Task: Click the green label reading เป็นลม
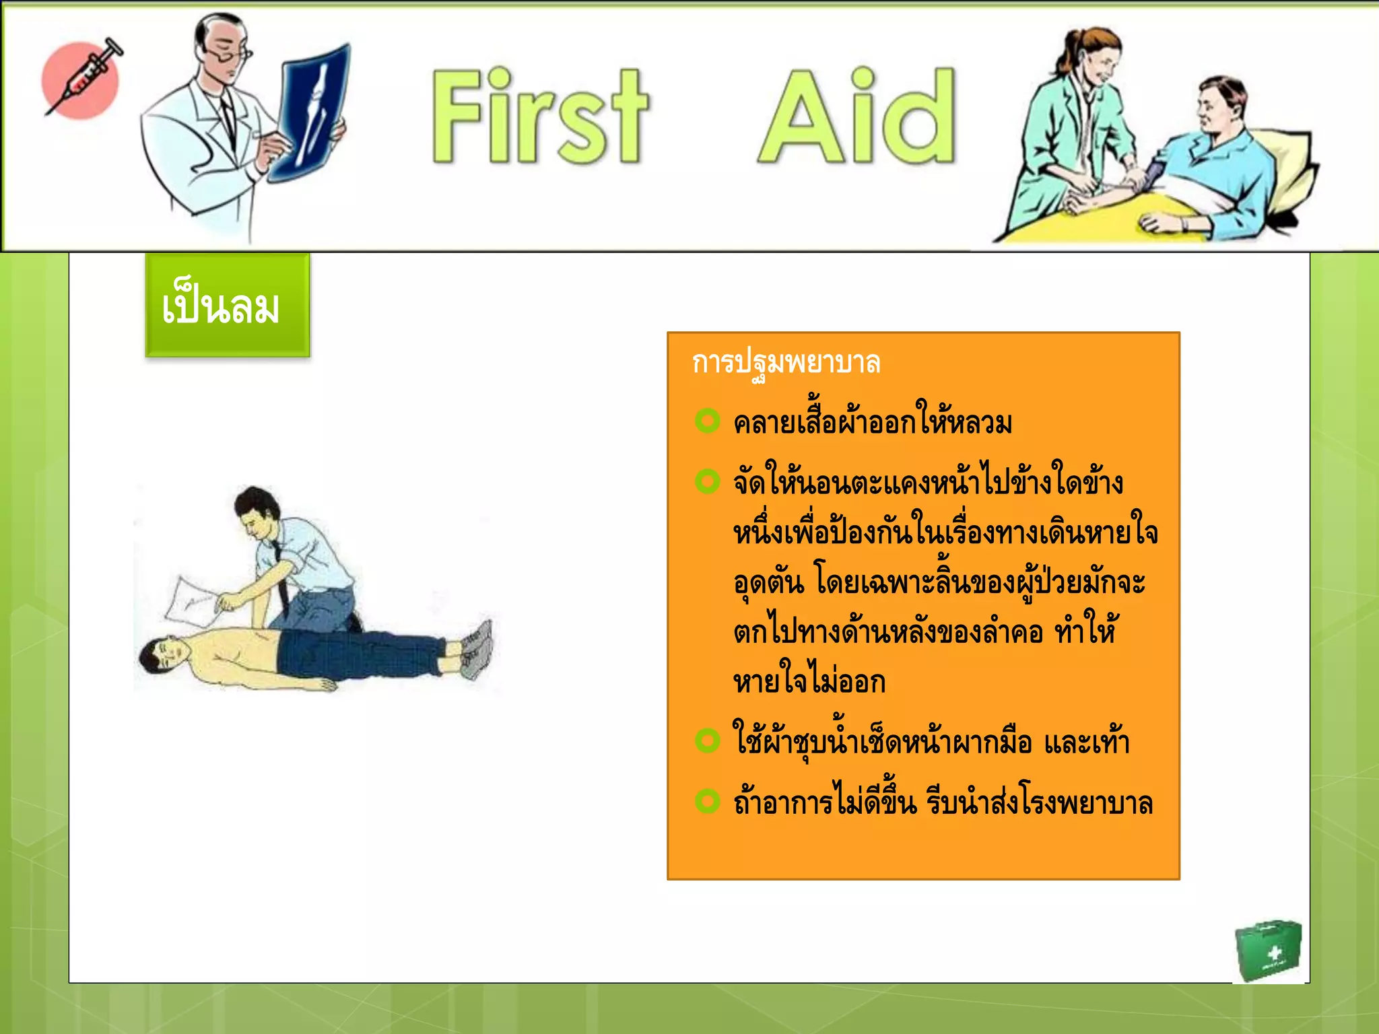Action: [228, 306]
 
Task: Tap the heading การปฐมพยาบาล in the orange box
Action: [786, 363]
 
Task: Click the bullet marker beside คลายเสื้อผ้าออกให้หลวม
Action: [707, 421]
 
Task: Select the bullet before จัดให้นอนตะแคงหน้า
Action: [707, 481]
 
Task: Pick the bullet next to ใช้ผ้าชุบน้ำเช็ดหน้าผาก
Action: [707, 740]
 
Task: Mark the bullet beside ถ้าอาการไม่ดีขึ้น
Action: [707, 801]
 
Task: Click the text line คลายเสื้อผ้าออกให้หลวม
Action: [873, 423]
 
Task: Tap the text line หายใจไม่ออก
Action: [809, 682]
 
